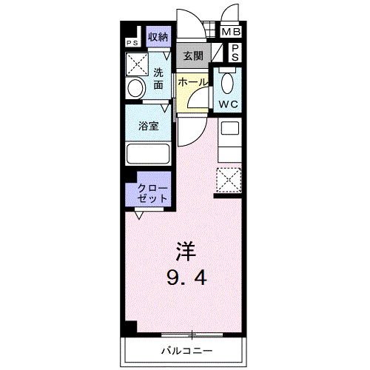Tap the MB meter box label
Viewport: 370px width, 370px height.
(232, 33)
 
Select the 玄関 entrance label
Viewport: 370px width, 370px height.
(193, 55)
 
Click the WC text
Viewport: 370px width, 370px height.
(226, 104)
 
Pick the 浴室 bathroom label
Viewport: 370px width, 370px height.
(149, 127)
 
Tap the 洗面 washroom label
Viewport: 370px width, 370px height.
(159, 78)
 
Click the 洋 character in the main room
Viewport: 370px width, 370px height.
(185, 251)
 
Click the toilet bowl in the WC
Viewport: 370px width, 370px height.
(226, 81)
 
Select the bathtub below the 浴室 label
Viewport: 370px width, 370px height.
(149, 154)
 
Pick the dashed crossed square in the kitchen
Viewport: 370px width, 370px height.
(227, 179)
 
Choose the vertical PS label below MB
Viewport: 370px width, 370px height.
(234, 52)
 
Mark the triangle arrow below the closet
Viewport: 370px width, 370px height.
(138, 215)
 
